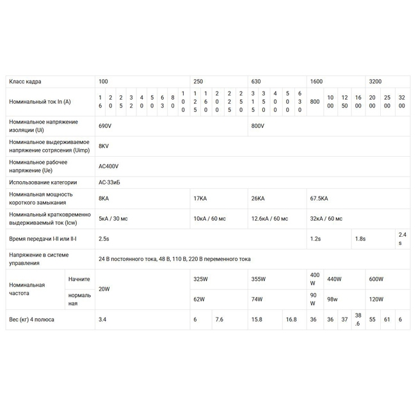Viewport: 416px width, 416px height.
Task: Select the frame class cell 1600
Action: click(x=316, y=82)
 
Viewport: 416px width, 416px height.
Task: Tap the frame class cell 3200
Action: click(x=375, y=82)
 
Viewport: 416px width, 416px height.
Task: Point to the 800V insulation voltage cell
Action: click(x=258, y=126)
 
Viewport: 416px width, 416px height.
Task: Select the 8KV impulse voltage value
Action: click(x=104, y=146)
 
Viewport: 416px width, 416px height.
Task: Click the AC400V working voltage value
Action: click(x=109, y=166)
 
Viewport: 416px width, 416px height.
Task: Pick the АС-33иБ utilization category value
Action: click(x=109, y=182)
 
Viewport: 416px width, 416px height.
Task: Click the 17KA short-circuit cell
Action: click(x=200, y=198)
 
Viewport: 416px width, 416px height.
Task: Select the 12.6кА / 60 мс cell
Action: click(x=269, y=219)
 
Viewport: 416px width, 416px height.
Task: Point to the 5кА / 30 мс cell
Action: click(x=113, y=219)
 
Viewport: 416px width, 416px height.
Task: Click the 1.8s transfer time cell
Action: click(x=360, y=239)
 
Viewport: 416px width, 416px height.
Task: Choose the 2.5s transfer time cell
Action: click(x=104, y=239)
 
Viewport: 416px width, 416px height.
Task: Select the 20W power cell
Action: click(x=104, y=289)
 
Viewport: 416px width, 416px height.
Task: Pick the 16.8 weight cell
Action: click(x=291, y=319)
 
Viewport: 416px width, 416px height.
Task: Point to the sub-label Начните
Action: click(x=79, y=279)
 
